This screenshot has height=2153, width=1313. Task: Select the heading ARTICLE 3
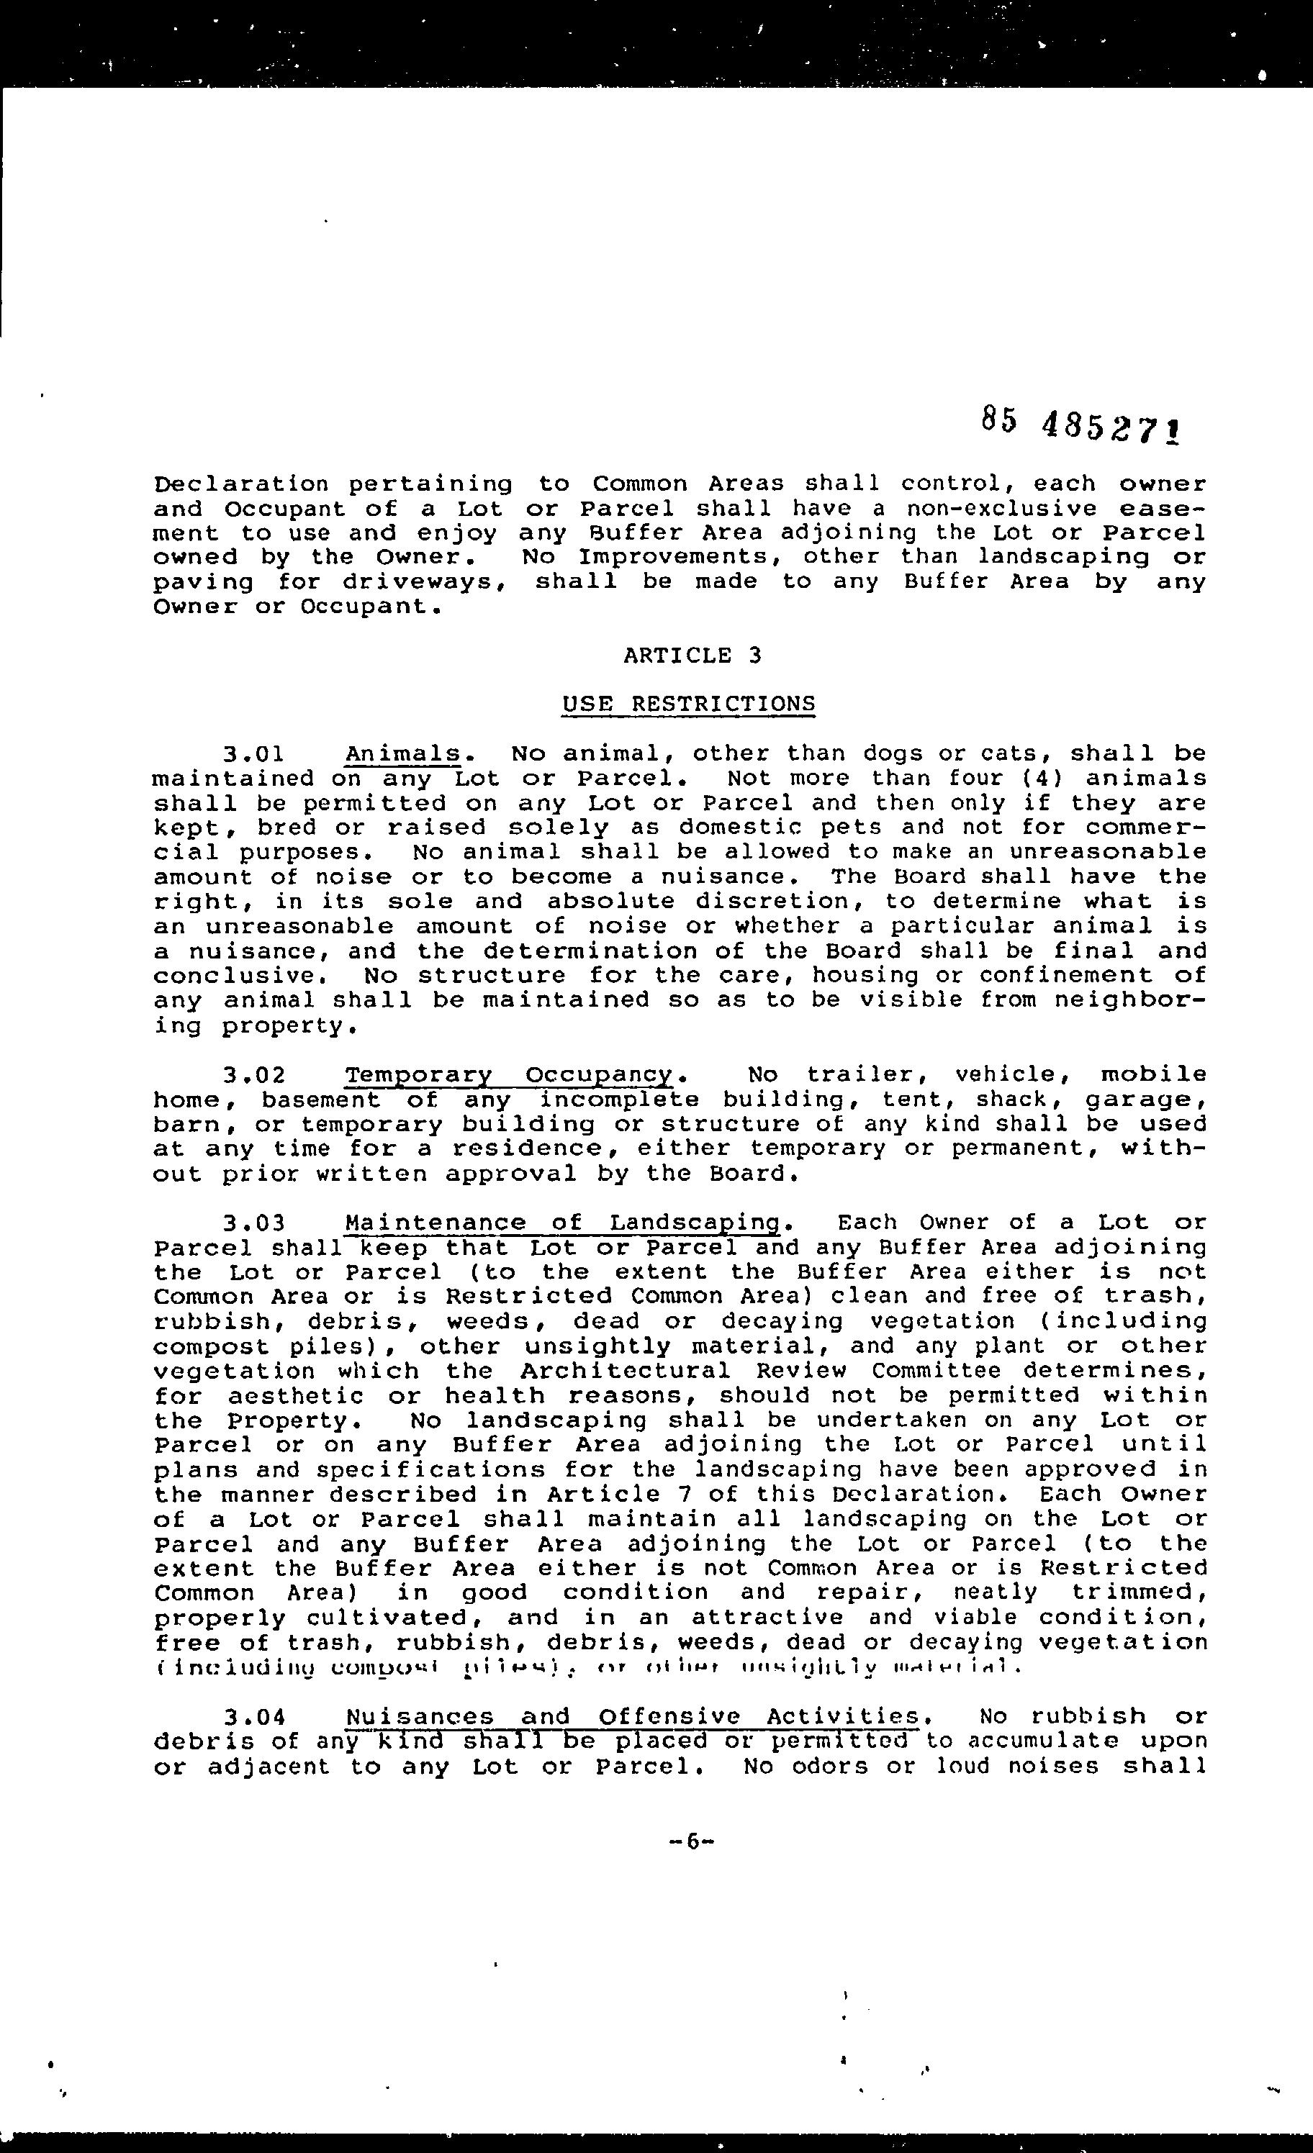tap(692, 656)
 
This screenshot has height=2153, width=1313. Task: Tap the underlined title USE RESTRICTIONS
tap(689, 704)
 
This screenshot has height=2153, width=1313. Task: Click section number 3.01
tap(253, 754)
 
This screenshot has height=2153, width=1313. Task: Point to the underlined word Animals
tap(403, 754)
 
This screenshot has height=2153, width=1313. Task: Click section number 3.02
tap(253, 1075)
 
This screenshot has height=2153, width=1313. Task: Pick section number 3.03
tap(253, 1223)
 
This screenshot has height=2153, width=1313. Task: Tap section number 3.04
tap(253, 1718)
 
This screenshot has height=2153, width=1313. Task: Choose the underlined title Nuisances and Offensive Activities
tap(633, 1718)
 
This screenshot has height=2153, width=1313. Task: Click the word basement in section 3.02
tap(322, 1100)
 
